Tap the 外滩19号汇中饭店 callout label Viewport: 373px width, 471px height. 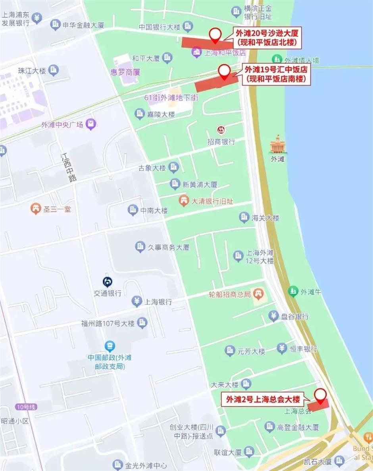click(277, 74)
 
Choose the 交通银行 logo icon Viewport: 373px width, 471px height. click(108, 282)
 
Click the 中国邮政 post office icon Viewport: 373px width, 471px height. click(110, 346)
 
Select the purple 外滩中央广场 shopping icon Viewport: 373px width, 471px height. click(92, 125)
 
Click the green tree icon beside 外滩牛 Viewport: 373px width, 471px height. click(293, 292)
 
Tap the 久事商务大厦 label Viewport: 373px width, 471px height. click(169, 247)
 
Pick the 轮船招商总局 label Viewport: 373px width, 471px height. click(230, 294)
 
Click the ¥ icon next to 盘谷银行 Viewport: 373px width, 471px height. click(273, 317)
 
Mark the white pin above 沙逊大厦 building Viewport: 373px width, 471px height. click(215, 35)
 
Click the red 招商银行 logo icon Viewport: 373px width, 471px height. click(220, 130)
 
